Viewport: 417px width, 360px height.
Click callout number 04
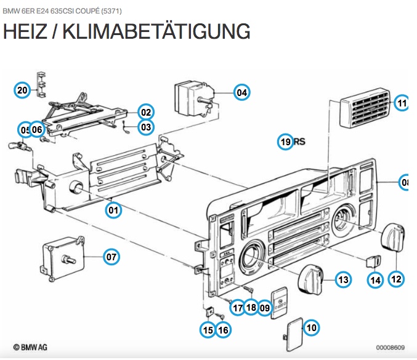point(241,93)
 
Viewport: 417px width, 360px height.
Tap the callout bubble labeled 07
point(111,257)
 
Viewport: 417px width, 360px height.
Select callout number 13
point(343,279)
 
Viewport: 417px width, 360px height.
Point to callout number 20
point(22,90)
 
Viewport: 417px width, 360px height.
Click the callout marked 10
point(312,328)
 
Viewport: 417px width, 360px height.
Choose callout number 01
point(113,210)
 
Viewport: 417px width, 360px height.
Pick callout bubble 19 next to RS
point(285,142)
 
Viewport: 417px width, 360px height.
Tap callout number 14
point(375,279)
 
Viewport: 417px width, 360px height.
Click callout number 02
point(145,113)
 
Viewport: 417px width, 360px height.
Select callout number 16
point(223,330)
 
